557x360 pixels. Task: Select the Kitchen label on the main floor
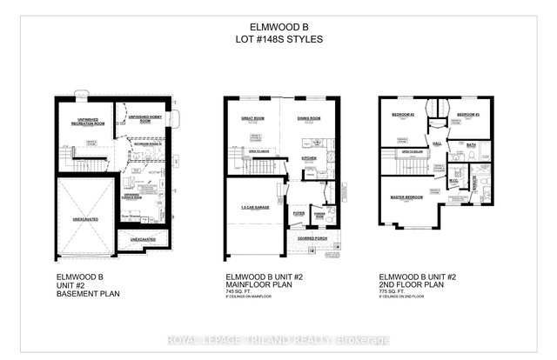(x=309, y=158)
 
